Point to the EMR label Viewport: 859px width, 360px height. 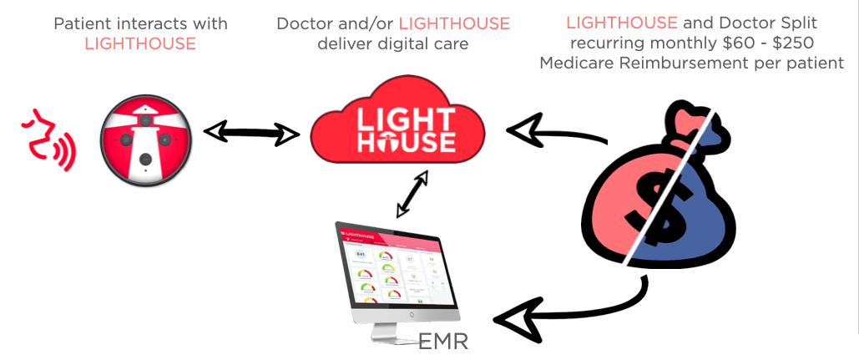[x=444, y=341]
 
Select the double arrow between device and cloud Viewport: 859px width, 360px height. [x=251, y=131]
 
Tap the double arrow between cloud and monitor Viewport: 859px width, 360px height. [x=412, y=195]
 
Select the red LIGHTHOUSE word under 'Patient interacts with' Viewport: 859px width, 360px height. [x=140, y=43]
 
